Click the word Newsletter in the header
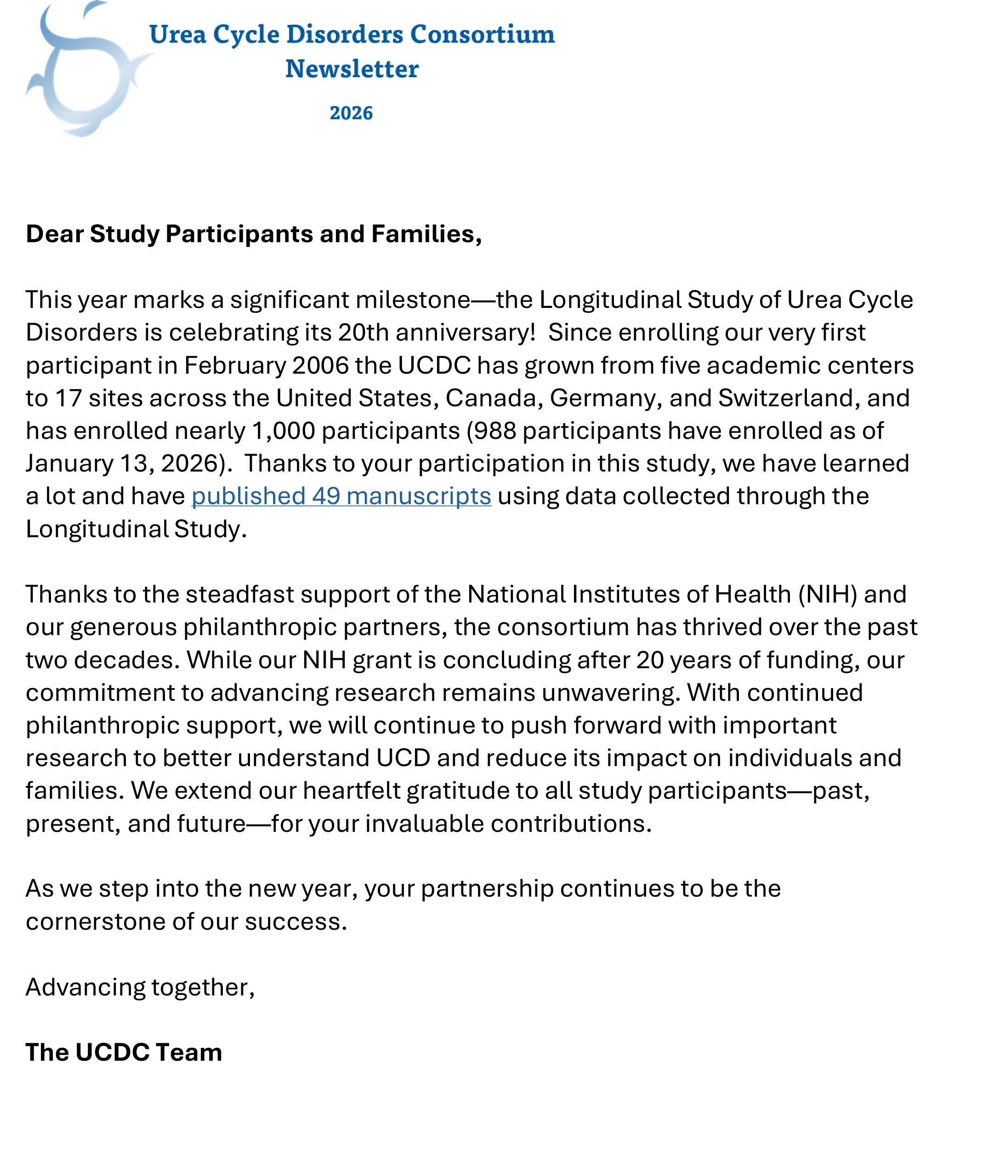point(352,69)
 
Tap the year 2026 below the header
point(351,113)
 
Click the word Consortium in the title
point(483,34)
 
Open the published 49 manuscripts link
point(341,496)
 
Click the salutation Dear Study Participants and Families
point(254,234)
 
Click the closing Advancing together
point(140,987)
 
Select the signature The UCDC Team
point(124,1052)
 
